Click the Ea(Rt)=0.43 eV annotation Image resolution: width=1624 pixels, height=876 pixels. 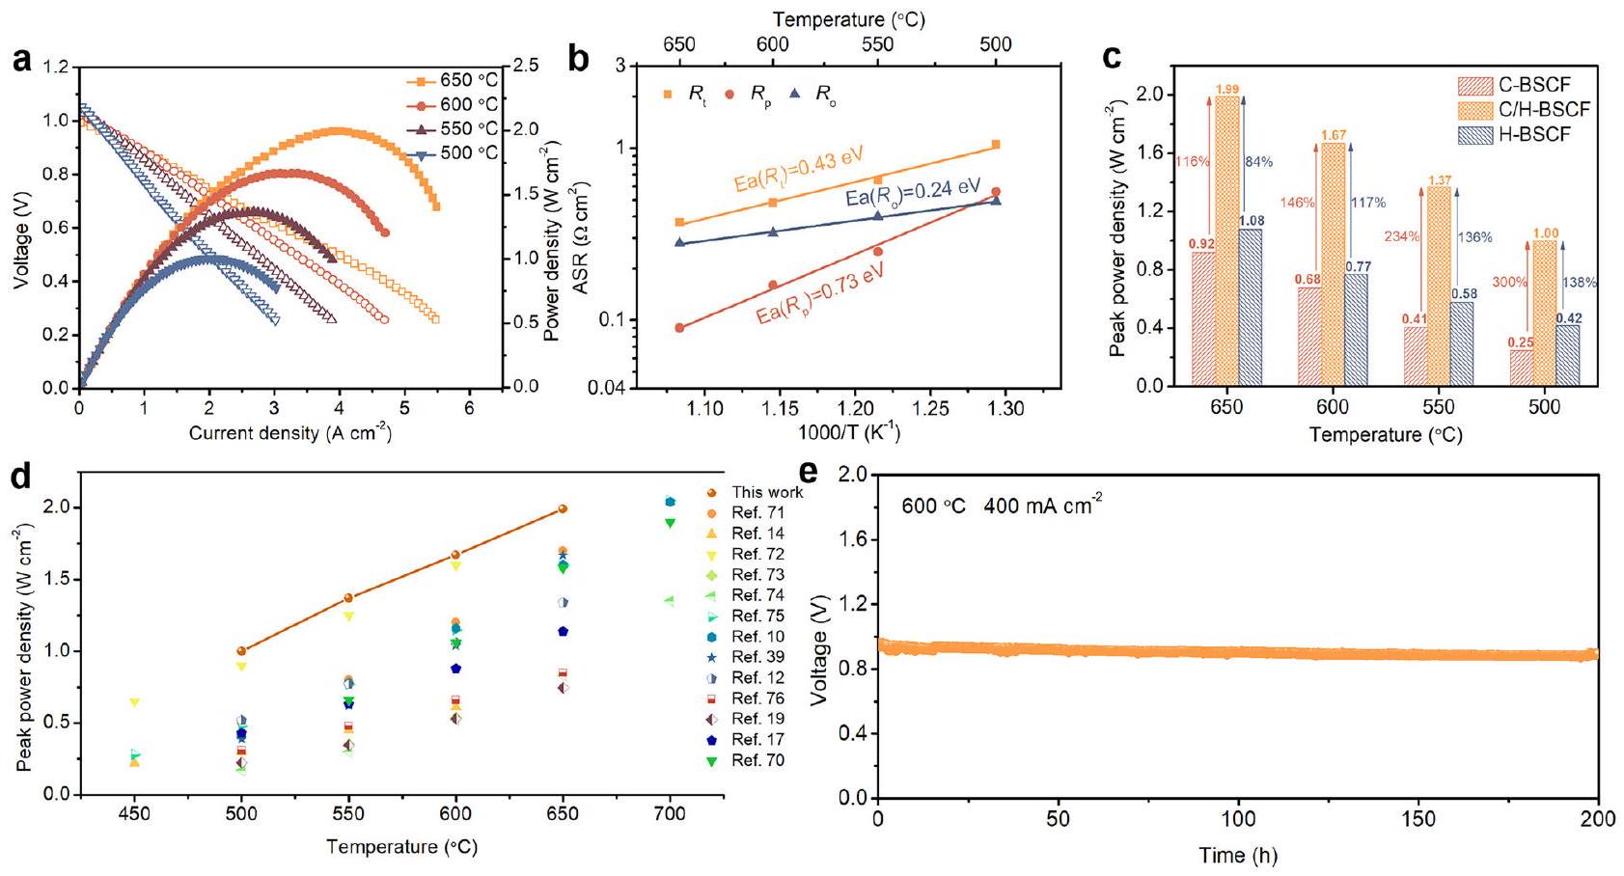pyautogui.click(x=798, y=170)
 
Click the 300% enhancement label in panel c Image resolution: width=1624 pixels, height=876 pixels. pyautogui.click(x=1509, y=283)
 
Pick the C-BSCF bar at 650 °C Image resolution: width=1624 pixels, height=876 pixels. pyautogui.click(x=1202, y=318)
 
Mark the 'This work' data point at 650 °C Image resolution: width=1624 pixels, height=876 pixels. pyautogui.click(x=563, y=508)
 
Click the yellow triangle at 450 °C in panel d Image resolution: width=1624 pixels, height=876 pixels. pyautogui.click(x=135, y=702)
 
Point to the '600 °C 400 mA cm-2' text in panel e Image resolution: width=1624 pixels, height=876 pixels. pyautogui.click(x=1002, y=505)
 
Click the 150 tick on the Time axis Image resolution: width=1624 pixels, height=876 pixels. pyautogui.click(x=1419, y=819)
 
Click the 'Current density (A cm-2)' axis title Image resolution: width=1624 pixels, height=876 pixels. pyautogui.click(x=289, y=433)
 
